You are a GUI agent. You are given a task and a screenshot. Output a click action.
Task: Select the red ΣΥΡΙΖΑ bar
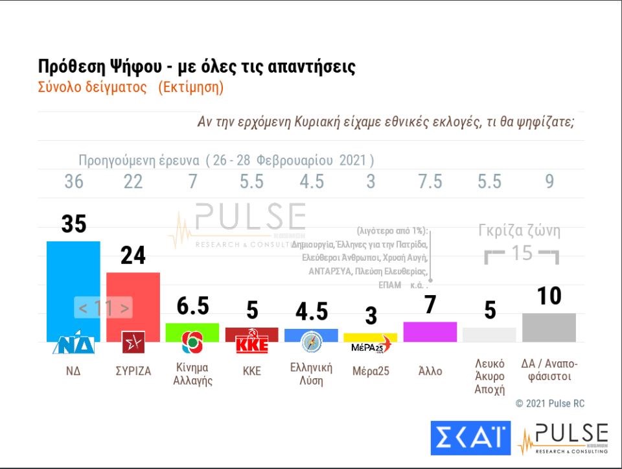pyautogui.click(x=133, y=298)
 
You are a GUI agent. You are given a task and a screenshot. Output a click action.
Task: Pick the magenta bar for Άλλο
pyautogui.click(x=430, y=331)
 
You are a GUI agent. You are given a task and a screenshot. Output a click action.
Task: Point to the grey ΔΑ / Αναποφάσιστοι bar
pyautogui.click(x=549, y=327)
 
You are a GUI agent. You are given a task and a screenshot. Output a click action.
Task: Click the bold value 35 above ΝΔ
pyautogui.click(x=74, y=224)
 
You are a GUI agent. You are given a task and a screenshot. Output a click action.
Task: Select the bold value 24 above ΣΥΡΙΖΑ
pyautogui.click(x=133, y=256)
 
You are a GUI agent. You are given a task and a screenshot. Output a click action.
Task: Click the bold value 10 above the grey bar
pyautogui.click(x=549, y=296)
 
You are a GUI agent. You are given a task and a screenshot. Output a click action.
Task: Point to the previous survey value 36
pyautogui.click(x=74, y=182)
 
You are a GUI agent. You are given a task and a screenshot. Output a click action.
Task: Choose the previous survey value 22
pyautogui.click(x=133, y=182)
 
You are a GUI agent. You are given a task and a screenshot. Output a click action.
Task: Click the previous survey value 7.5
pyautogui.click(x=430, y=182)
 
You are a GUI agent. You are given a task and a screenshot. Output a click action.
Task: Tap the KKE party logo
pyautogui.click(x=251, y=344)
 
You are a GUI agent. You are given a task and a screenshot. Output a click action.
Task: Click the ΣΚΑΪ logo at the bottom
pyautogui.click(x=470, y=438)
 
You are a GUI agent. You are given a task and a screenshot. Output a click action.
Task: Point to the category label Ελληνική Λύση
pyautogui.click(x=311, y=374)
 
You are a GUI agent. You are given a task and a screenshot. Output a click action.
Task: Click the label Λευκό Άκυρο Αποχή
pyautogui.click(x=490, y=379)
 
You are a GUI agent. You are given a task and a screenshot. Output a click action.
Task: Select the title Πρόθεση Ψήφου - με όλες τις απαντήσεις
pyautogui.click(x=196, y=67)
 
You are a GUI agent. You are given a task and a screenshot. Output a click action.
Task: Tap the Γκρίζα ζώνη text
pyautogui.click(x=519, y=230)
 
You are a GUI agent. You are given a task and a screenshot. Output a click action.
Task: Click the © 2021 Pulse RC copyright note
pyautogui.click(x=549, y=403)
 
